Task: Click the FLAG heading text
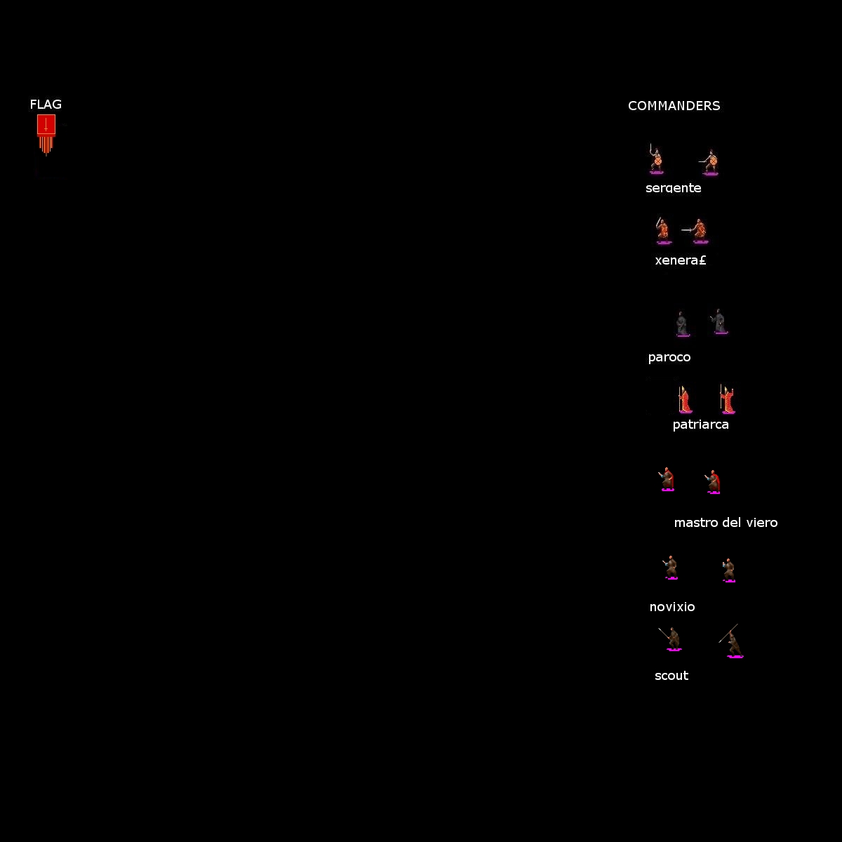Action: (x=46, y=105)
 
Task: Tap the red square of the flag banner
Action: (x=46, y=124)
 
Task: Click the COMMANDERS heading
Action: (x=674, y=106)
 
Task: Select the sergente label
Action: (x=674, y=188)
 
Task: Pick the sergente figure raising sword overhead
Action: (x=655, y=159)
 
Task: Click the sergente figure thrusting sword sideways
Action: (x=709, y=162)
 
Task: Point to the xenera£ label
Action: (x=681, y=260)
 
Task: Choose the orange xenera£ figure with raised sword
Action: (x=663, y=230)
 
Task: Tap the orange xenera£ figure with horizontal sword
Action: (x=697, y=230)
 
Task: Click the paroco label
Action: (x=669, y=358)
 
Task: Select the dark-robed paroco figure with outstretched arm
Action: (x=719, y=321)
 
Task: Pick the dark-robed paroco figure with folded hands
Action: (x=682, y=324)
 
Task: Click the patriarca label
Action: (x=700, y=425)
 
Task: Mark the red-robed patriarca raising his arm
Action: (x=727, y=399)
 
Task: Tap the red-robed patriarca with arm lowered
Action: (x=685, y=399)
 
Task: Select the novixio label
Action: (x=672, y=607)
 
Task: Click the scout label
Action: (x=671, y=676)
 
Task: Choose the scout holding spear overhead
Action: (x=731, y=641)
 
